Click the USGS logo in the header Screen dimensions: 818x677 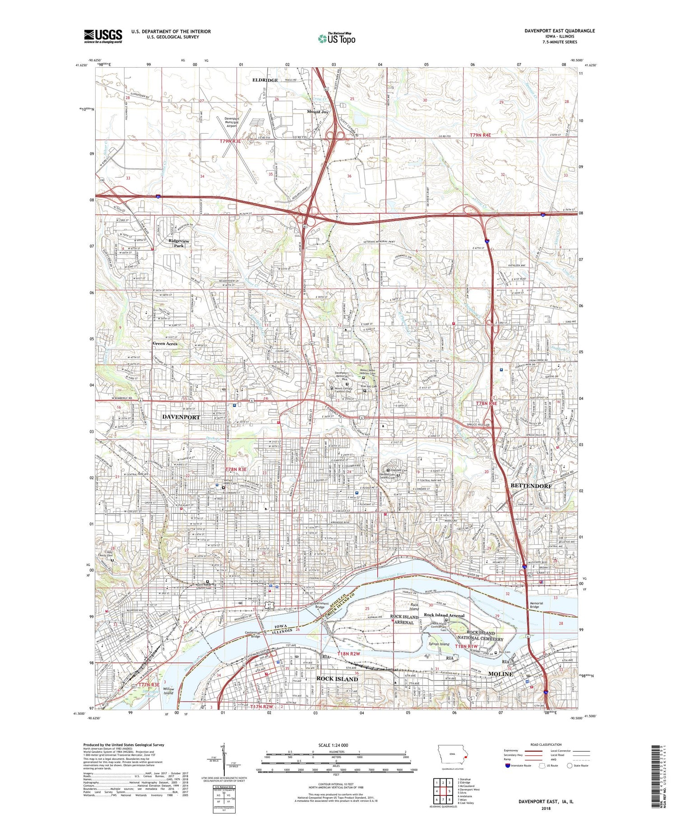[103, 36]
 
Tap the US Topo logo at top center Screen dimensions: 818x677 [336, 38]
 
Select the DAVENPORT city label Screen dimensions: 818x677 [181, 417]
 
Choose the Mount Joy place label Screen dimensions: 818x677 [318, 111]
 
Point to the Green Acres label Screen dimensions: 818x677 [165, 343]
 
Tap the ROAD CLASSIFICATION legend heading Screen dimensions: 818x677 [546, 744]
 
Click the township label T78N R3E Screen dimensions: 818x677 [236, 470]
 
